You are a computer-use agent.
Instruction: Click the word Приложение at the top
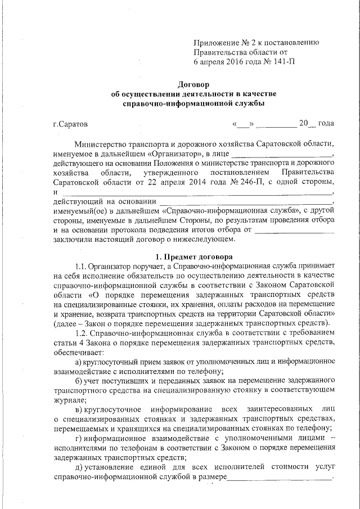216,42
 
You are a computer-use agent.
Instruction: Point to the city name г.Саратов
70,123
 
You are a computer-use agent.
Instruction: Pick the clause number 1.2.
80,334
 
